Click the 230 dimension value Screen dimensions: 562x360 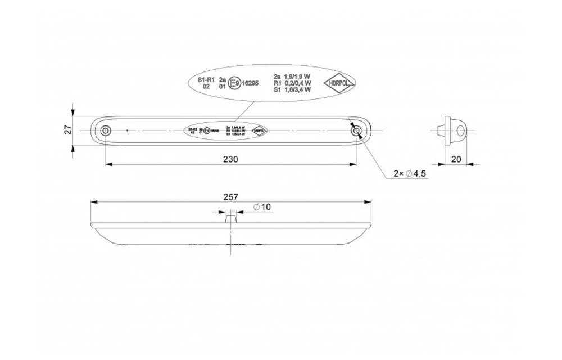230,159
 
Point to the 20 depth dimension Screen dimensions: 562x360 456,159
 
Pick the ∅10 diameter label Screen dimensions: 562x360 262,208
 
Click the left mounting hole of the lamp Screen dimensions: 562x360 105,131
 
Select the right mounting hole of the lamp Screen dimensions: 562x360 356,131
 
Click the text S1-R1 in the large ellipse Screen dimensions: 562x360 206,80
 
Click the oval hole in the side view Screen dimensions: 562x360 461,131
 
